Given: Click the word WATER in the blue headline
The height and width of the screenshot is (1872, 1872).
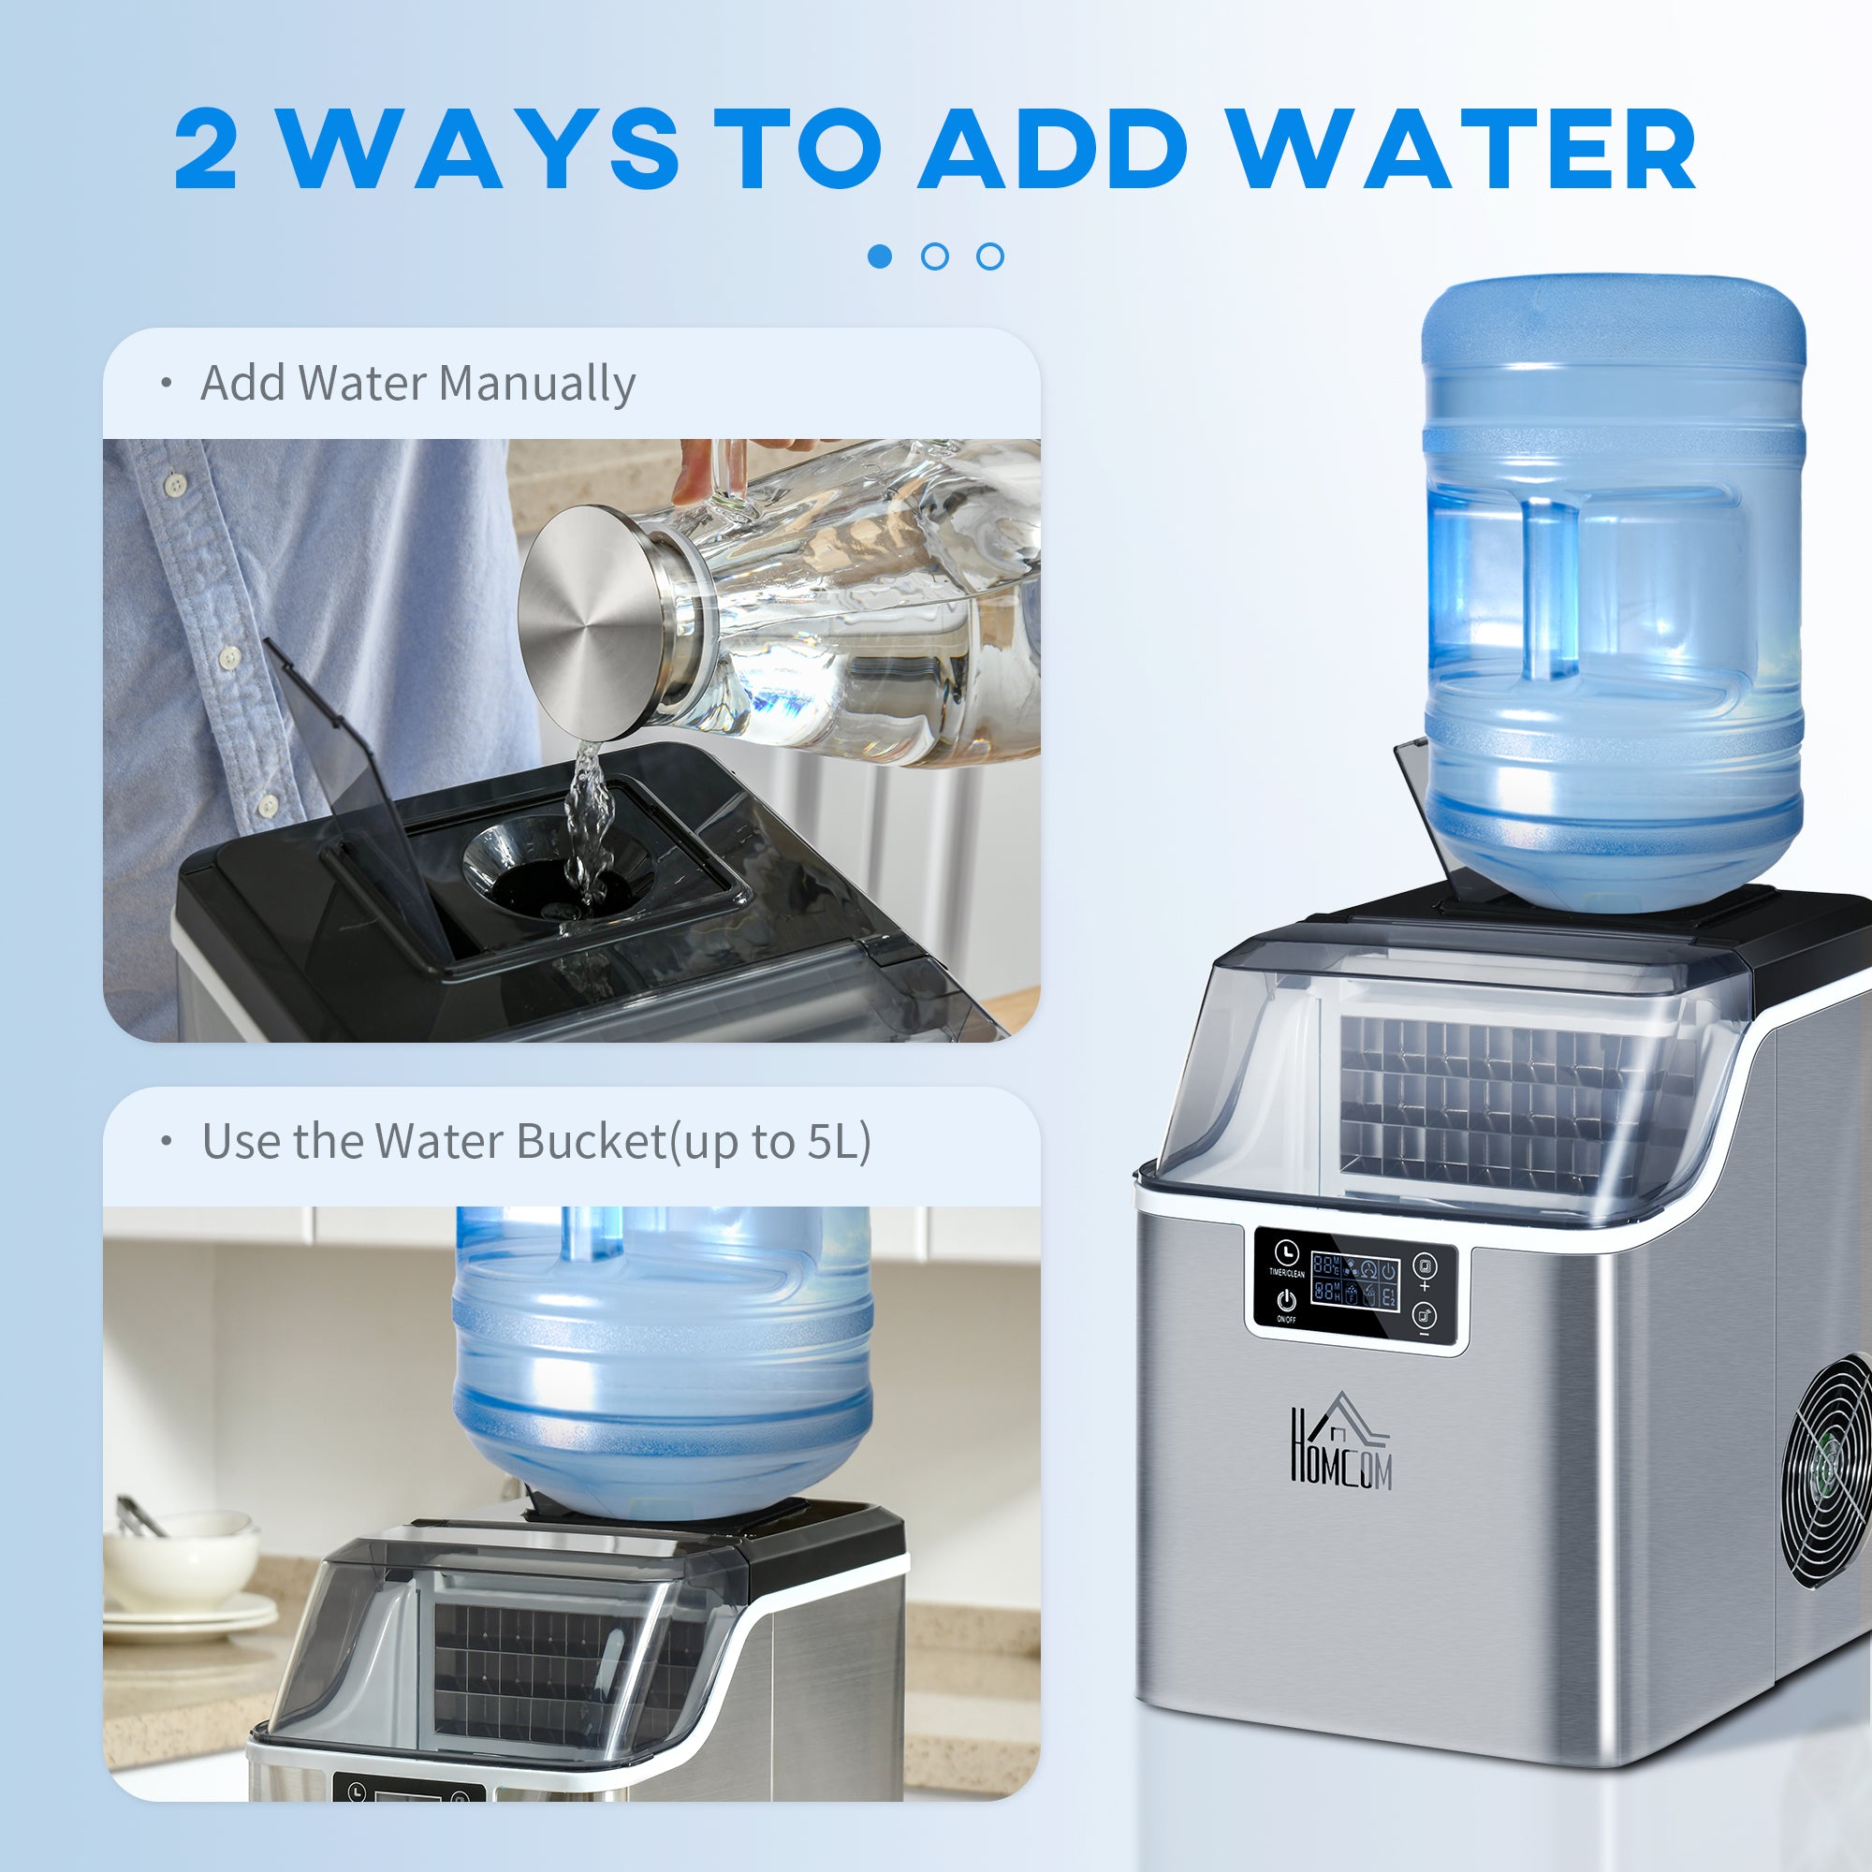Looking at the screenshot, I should pos(1463,150).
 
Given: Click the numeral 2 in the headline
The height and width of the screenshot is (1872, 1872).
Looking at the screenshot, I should pos(205,150).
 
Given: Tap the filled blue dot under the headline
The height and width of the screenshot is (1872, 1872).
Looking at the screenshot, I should pos(880,256).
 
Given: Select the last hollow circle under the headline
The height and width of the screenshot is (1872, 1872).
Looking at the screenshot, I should pos(990,256).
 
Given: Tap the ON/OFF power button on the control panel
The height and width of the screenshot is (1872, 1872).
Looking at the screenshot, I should pos(1286,1301).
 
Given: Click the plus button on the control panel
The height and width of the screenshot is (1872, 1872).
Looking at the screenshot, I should pos(1425,1269).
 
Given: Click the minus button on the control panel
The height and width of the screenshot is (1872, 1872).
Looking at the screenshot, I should pos(1425,1319).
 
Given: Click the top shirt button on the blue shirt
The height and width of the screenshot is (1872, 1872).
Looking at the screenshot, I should pos(174,481).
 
